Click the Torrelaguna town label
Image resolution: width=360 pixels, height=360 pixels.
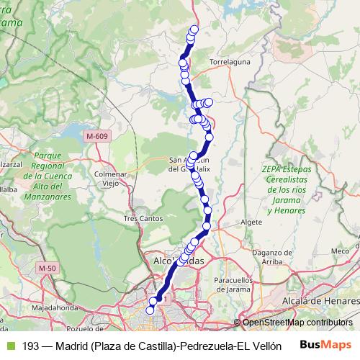coord(229,63)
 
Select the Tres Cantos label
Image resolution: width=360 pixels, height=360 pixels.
coord(141,217)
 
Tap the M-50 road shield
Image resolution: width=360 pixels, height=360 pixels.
coord(48,269)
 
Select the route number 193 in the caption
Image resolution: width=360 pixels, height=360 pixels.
coord(30,346)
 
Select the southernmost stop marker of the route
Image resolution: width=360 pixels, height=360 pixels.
coord(150,310)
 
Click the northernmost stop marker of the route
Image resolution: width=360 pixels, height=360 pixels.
coord(194,30)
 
